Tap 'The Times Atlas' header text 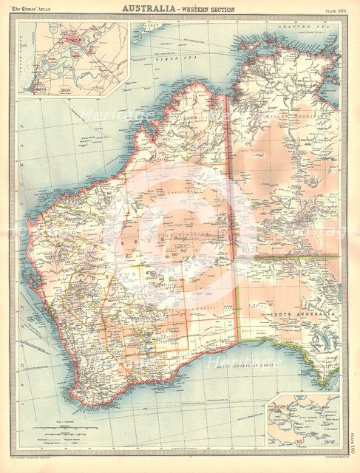[x=34, y=8]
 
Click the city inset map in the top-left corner [x=73, y=59]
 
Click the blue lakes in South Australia [x=325, y=340]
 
